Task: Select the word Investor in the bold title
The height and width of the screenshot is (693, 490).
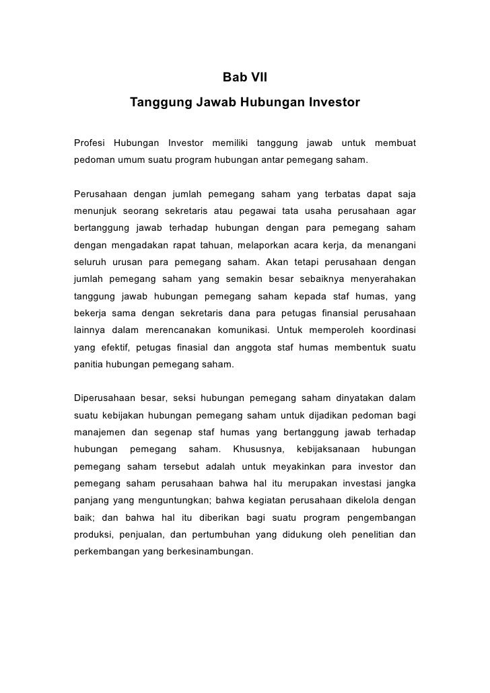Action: (x=335, y=104)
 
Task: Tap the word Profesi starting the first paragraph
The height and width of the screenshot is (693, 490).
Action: (x=90, y=144)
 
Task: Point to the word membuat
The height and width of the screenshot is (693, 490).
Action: (x=395, y=144)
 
